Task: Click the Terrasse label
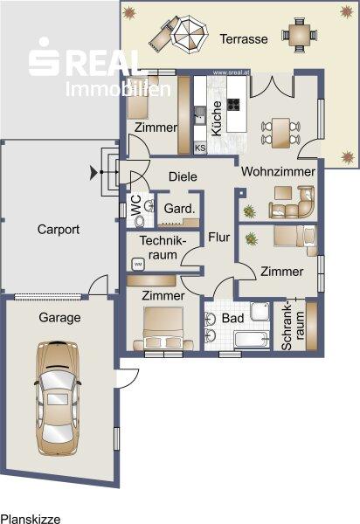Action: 244,39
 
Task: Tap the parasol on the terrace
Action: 190,35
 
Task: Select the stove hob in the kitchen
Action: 233,105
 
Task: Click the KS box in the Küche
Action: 200,148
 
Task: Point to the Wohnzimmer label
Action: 278,171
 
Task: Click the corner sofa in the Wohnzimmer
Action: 293,203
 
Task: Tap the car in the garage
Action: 58,399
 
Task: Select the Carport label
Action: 59,230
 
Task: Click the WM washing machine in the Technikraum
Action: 138,265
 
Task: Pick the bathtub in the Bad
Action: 252,340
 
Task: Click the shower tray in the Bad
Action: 260,312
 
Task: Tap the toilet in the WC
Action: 139,221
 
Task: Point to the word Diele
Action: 183,176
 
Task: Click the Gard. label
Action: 179,209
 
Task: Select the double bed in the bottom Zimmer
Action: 163,328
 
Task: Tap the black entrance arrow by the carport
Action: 93,172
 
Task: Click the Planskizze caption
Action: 31,519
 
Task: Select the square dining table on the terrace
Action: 299,35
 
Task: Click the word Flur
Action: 219,237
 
